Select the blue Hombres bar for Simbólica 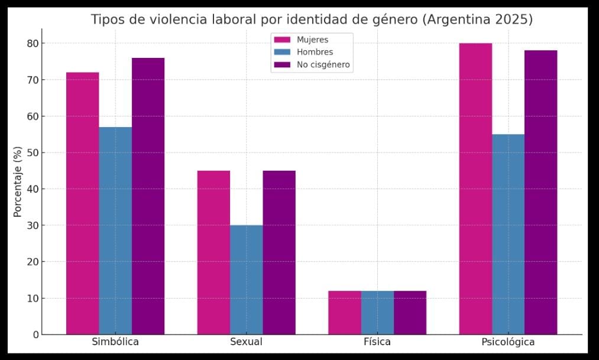coord(115,231)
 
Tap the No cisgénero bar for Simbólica coord(148,196)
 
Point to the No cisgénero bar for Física coord(410,312)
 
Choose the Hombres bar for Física coord(377,312)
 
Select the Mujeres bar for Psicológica coord(475,189)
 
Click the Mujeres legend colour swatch coord(282,40)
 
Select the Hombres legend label coord(315,52)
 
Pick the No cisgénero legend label coord(323,64)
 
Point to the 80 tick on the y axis coord(32,44)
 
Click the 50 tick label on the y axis coord(32,153)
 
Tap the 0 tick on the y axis coord(35,335)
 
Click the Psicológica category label coord(508,342)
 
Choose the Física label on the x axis coord(377,342)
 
